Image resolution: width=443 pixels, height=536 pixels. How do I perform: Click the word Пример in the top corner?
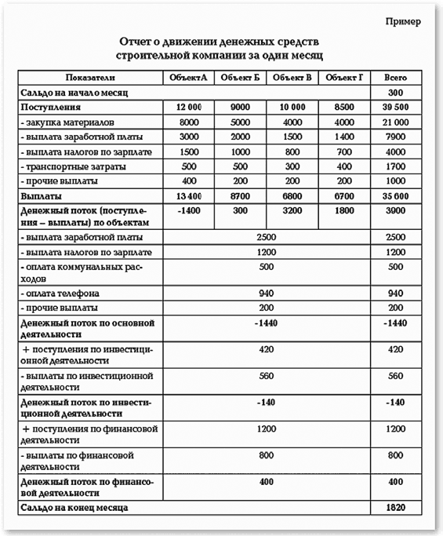pos(403,21)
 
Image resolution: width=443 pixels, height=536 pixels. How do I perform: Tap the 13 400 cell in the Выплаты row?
pos(190,195)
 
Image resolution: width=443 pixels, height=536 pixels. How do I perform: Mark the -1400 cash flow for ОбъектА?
pos(190,211)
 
